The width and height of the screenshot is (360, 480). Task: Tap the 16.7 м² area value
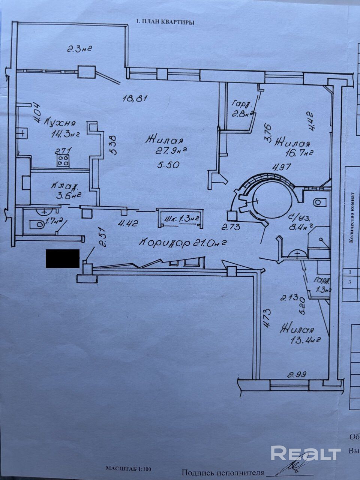(x=298, y=153)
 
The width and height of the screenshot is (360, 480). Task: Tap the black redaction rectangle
(x=62, y=258)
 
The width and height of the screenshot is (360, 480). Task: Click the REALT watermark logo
(x=306, y=453)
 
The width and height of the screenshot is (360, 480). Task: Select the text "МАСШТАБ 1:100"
(x=128, y=469)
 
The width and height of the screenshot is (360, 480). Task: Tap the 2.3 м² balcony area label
(x=79, y=48)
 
